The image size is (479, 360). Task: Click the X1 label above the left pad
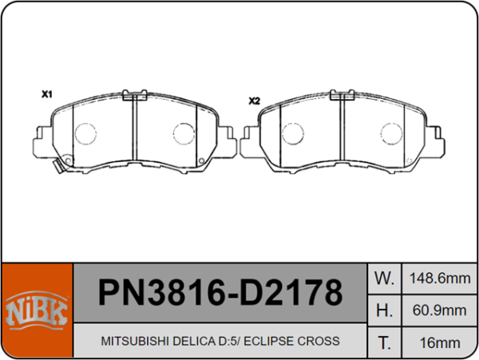(x=46, y=94)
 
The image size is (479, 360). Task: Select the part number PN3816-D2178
(x=220, y=294)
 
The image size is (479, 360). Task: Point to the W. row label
(x=384, y=279)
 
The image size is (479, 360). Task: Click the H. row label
(x=384, y=310)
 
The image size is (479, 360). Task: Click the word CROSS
(x=319, y=341)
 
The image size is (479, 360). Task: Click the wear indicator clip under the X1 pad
(x=57, y=168)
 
